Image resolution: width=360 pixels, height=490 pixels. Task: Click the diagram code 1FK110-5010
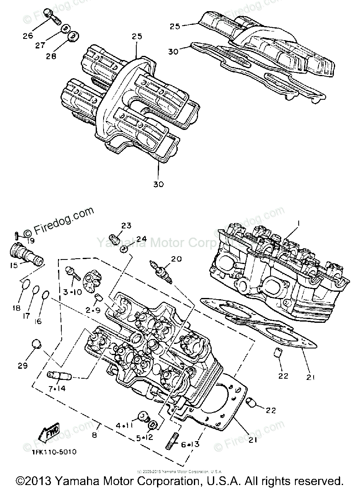[x=54, y=452]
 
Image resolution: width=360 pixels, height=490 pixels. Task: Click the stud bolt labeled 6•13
[x=172, y=441]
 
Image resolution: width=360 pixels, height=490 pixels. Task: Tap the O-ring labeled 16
[x=46, y=295]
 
